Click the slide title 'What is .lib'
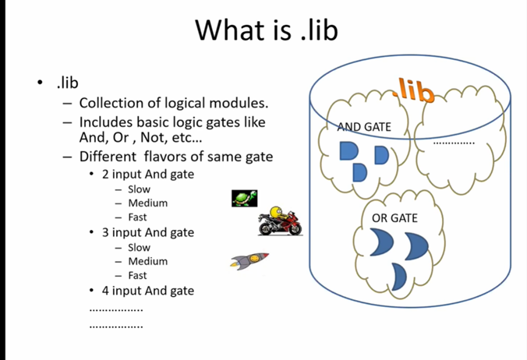click(266, 30)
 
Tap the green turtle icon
click(244, 198)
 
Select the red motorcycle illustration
click(280, 221)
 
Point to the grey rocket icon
click(249, 260)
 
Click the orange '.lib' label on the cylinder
click(413, 90)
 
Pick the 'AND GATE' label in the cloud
click(364, 127)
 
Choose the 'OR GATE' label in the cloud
click(394, 218)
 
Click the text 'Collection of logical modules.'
click(173, 103)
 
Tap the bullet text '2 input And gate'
click(148, 175)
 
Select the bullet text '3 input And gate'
click(148, 232)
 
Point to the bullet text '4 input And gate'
click(148, 291)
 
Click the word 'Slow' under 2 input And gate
click(139, 189)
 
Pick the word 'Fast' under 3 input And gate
click(137, 275)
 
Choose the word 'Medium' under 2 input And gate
click(148, 203)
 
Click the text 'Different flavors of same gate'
click(176, 157)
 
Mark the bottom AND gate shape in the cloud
click(359, 173)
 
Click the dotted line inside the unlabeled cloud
click(454, 143)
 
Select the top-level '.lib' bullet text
click(68, 83)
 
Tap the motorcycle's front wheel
click(266, 230)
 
